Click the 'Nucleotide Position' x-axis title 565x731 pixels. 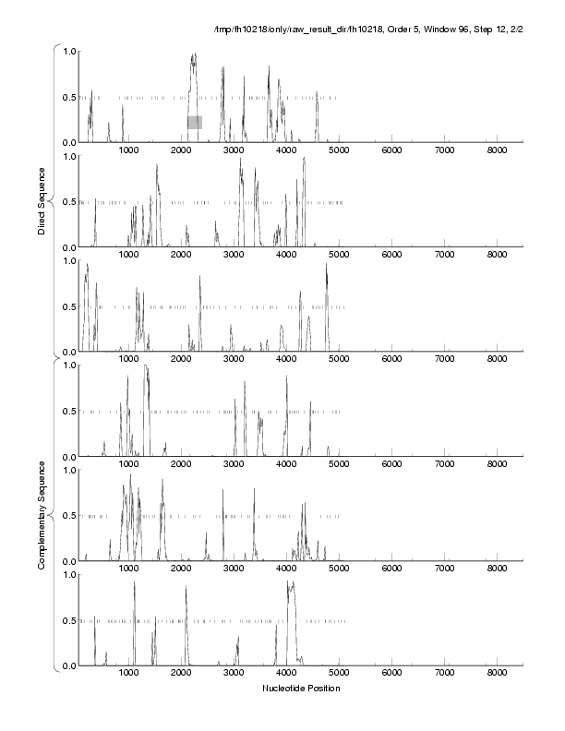[301, 689]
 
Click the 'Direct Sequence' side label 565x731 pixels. [42, 203]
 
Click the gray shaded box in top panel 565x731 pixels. [195, 122]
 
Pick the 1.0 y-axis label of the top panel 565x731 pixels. [68, 51]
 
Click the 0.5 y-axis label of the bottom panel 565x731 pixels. [68, 620]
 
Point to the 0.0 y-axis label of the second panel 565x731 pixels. [68, 247]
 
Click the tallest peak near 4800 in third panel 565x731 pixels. [327, 265]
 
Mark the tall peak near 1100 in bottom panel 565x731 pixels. [134, 583]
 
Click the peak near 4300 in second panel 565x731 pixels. [304, 161]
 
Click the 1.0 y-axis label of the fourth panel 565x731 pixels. [68, 365]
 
